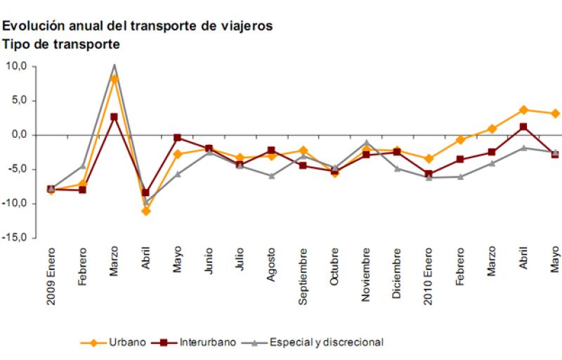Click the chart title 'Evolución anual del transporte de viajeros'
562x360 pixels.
pyautogui.click(x=137, y=26)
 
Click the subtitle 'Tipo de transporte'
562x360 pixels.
pyautogui.click(x=61, y=44)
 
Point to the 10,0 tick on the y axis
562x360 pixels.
pyautogui.click(x=16, y=66)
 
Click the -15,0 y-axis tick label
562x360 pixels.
pyautogui.click(x=15, y=238)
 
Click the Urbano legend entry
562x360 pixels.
pyautogui.click(x=115, y=342)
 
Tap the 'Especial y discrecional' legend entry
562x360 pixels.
pyautogui.click(x=313, y=342)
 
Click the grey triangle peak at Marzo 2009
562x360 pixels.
pyautogui.click(x=115, y=66)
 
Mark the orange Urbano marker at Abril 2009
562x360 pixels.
pyautogui.click(x=146, y=211)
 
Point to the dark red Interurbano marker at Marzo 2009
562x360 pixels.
pyautogui.click(x=115, y=117)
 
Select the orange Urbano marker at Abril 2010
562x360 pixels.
pyautogui.click(x=523, y=110)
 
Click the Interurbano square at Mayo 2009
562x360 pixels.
pyautogui.click(x=177, y=138)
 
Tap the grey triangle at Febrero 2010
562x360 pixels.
pyautogui.click(x=460, y=176)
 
